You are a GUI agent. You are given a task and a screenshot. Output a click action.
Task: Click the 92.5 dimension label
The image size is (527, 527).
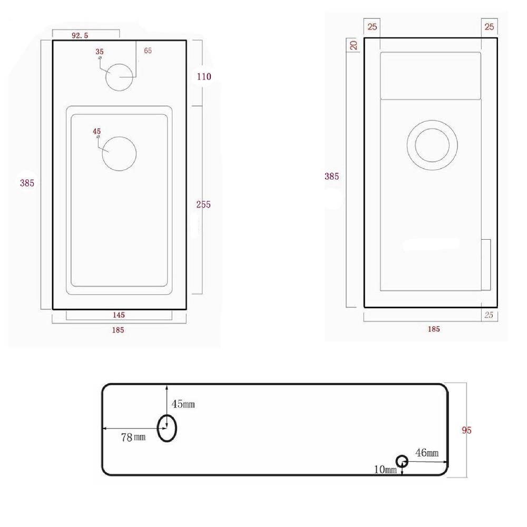[x=80, y=35]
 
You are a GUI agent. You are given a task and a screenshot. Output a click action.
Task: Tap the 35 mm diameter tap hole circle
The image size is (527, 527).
[x=121, y=77]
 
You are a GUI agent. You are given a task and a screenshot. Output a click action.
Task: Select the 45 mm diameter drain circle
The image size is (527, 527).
[x=119, y=153]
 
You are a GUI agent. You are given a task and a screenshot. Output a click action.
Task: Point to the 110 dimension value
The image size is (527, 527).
[x=203, y=76]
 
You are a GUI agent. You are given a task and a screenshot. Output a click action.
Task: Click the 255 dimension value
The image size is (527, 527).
[x=203, y=204]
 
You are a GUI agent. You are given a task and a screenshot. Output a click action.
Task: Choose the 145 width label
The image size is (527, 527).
[x=119, y=315]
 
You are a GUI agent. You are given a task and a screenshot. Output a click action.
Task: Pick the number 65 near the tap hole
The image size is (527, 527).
[x=148, y=51]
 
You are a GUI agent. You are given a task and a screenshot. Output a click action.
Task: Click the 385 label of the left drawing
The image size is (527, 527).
[x=27, y=183]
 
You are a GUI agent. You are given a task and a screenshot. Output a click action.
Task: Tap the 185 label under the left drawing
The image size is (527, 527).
[x=118, y=330]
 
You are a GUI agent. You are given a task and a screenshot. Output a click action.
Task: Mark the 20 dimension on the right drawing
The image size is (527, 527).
[x=354, y=45]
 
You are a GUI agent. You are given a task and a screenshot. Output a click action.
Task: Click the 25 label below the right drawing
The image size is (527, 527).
[x=489, y=315]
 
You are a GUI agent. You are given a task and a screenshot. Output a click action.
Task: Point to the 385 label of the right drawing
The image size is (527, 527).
[x=331, y=177]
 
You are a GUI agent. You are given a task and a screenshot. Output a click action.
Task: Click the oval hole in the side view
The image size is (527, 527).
[x=168, y=427]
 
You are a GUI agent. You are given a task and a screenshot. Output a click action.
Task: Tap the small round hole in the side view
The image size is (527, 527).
[x=402, y=461]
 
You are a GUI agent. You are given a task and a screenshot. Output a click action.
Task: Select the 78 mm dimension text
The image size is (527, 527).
[x=133, y=437]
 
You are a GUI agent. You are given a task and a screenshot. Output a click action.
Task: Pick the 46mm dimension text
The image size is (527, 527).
[x=427, y=453]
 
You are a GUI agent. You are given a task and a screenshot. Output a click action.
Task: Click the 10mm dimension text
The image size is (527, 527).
[x=383, y=470]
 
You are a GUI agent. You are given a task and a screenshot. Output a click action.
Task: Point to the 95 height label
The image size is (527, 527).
[x=466, y=430]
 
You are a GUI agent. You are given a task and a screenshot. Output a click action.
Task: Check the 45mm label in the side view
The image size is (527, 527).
[x=183, y=404]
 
